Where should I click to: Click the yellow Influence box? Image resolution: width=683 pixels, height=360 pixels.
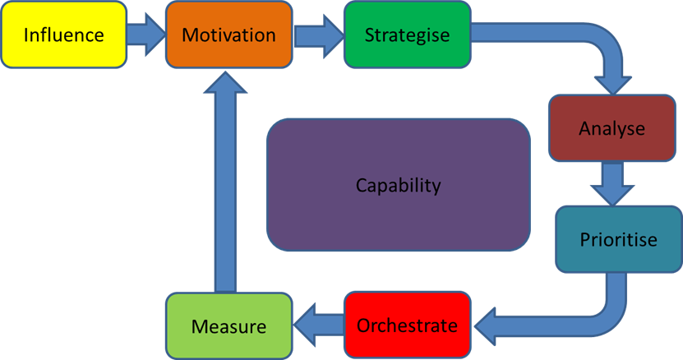63,35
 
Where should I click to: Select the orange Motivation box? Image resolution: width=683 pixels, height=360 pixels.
228,35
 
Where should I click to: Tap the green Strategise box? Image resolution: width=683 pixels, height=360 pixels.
407,35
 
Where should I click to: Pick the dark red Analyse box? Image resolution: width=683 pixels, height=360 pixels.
611,128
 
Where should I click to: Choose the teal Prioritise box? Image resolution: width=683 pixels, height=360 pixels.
618,239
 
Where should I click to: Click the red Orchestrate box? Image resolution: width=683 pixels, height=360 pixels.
407,325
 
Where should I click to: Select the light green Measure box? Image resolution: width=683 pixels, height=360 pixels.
228,325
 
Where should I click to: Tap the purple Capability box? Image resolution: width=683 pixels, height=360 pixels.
398,185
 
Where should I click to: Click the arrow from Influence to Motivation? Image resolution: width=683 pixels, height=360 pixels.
146,35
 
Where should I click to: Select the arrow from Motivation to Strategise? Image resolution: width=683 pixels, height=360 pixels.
318,35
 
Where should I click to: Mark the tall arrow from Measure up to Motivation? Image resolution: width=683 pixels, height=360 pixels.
228,189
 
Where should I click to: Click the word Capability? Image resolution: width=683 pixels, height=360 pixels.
398,185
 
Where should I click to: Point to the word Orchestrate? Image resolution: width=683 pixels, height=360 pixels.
407,325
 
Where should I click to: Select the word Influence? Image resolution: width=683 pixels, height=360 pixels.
63,35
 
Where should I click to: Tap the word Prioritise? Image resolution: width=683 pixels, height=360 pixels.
618,240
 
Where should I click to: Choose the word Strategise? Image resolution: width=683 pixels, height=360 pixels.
407,35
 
